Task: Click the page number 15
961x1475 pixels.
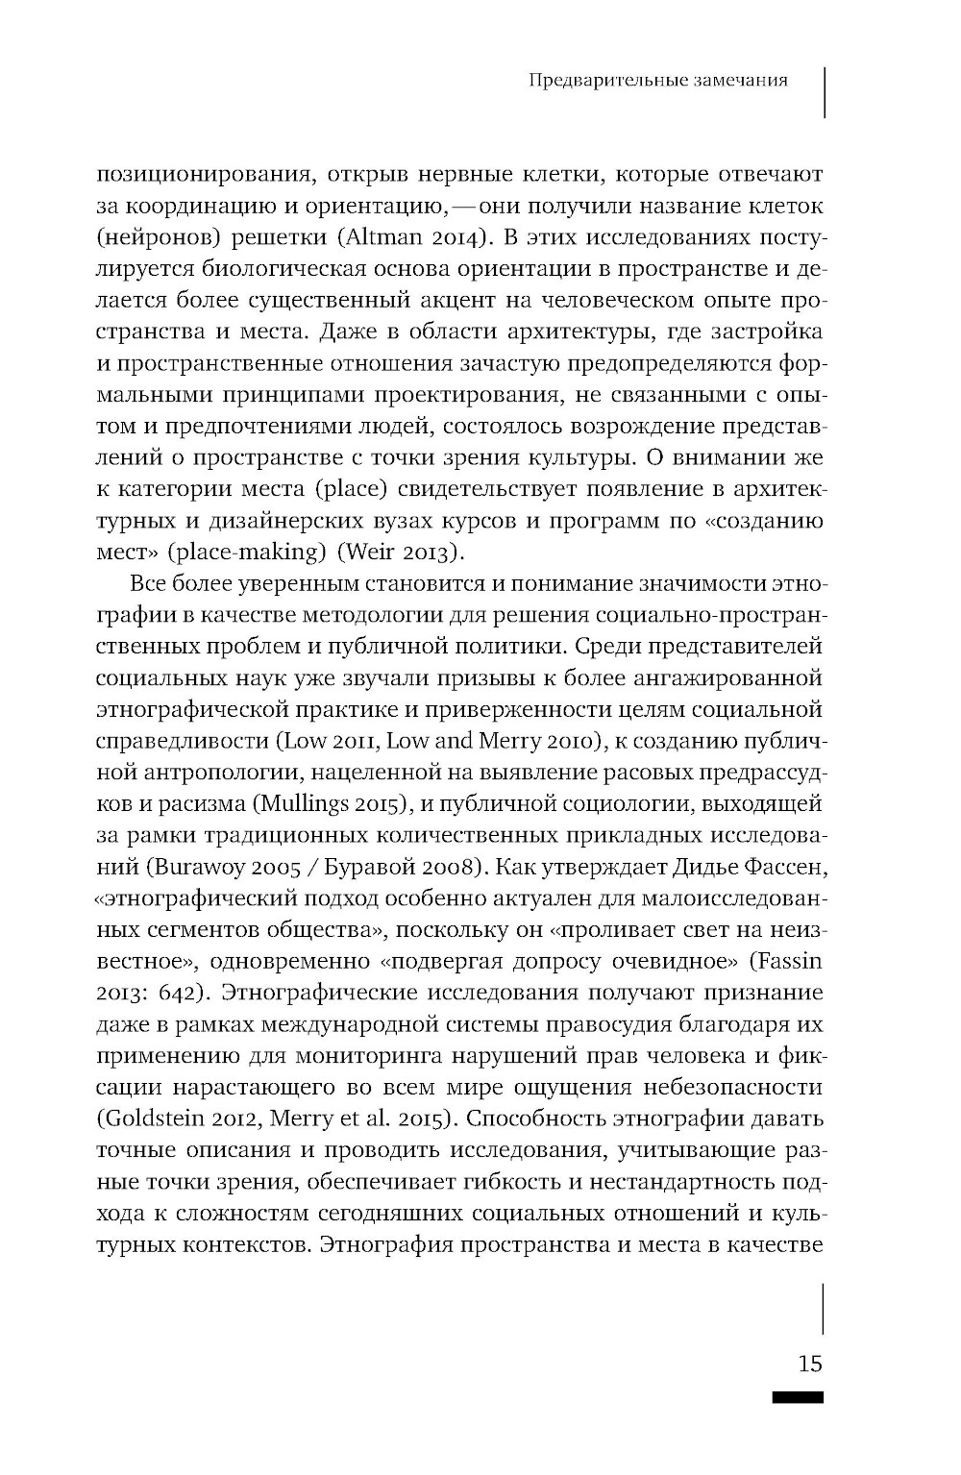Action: point(809,1364)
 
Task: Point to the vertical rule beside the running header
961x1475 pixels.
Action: point(825,91)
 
